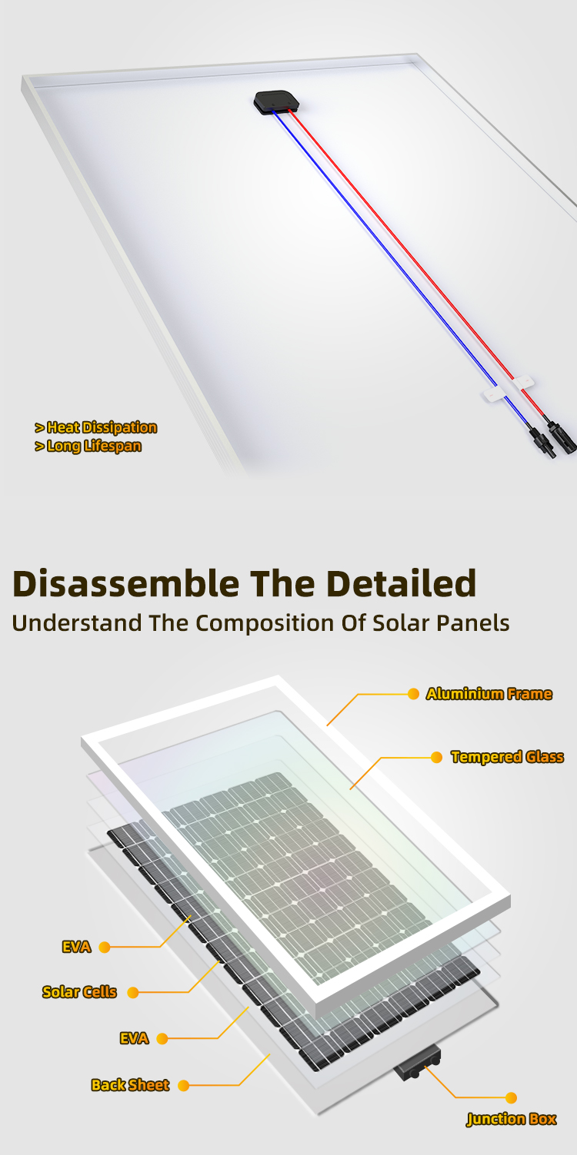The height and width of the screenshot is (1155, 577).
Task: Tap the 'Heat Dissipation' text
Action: coord(102,427)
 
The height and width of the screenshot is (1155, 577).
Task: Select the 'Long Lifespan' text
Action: coord(94,446)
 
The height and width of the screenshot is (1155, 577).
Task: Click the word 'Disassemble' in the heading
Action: coord(126,584)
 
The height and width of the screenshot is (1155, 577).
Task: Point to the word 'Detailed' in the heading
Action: coord(401,584)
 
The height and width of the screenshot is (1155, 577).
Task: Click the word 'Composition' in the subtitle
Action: coord(265,624)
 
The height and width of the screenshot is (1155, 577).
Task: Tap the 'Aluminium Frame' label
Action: coord(489,694)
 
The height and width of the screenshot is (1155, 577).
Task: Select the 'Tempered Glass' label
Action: coord(507,757)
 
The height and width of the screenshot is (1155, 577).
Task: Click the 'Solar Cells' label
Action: coord(79,992)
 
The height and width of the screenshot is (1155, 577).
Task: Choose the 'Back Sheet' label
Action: coord(130,1085)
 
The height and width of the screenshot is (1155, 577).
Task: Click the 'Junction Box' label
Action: coord(512,1118)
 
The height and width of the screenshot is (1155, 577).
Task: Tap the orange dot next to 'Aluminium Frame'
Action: coord(413,694)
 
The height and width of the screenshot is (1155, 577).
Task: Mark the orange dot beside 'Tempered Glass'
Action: coord(437,757)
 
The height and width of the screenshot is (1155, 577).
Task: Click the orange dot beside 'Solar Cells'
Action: coord(133,993)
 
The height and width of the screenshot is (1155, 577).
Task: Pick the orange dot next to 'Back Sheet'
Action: coord(183,1085)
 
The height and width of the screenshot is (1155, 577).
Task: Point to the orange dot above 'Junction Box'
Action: coord(511,1097)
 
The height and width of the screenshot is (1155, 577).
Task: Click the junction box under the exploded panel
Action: coord(418,1063)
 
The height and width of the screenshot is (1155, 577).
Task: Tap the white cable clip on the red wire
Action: coord(523,383)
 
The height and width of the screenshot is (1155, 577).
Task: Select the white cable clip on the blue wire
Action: coord(494,396)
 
